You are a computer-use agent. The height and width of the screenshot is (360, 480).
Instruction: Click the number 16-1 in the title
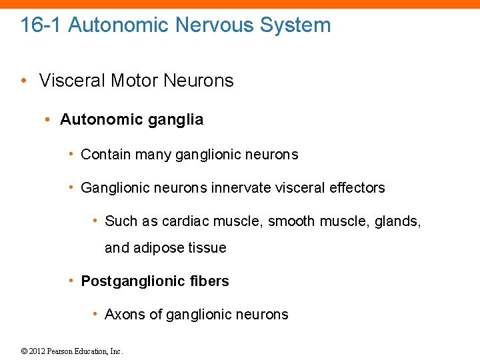click(41, 25)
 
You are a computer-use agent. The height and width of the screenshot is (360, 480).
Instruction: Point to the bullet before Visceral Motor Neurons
click(24, 81)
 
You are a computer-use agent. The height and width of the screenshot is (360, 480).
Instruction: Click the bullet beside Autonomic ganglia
click(48, 120)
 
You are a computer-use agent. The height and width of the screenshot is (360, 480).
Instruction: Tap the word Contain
click(105, 155)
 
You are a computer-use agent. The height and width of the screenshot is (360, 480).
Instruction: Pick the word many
click(153, 155)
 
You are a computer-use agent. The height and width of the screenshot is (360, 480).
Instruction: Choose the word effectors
click(357, 188)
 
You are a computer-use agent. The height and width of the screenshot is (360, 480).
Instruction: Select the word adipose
click(160, 248)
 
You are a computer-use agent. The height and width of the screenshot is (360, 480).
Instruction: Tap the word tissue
click(208, 248)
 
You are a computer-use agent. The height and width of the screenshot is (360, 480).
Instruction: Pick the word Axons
click(123, 315)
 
